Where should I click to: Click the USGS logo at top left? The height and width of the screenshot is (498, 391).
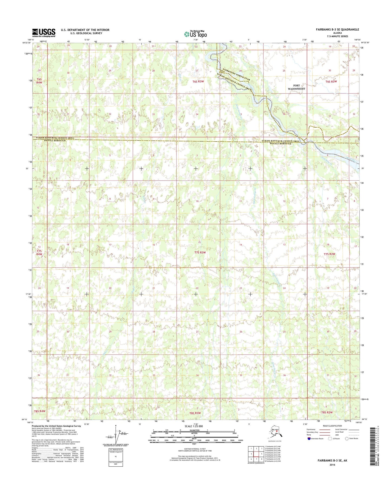coord(44,33)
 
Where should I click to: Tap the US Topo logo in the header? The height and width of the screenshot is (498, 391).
coord(195,34)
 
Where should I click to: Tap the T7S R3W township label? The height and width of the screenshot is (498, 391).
coord(200,252)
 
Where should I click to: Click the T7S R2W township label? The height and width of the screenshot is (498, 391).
coord(329,254)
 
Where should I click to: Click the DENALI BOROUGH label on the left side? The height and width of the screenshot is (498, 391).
coord(50,141)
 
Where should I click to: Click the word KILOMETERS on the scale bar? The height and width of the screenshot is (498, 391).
coord(193,430)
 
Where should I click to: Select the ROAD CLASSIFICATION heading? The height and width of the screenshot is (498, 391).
coord(332,426)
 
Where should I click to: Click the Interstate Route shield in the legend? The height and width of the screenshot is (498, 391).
coord(309,439)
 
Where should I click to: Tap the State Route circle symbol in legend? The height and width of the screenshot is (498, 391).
coord(347,439)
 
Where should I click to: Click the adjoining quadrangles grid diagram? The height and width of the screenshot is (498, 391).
coord(256,454)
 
